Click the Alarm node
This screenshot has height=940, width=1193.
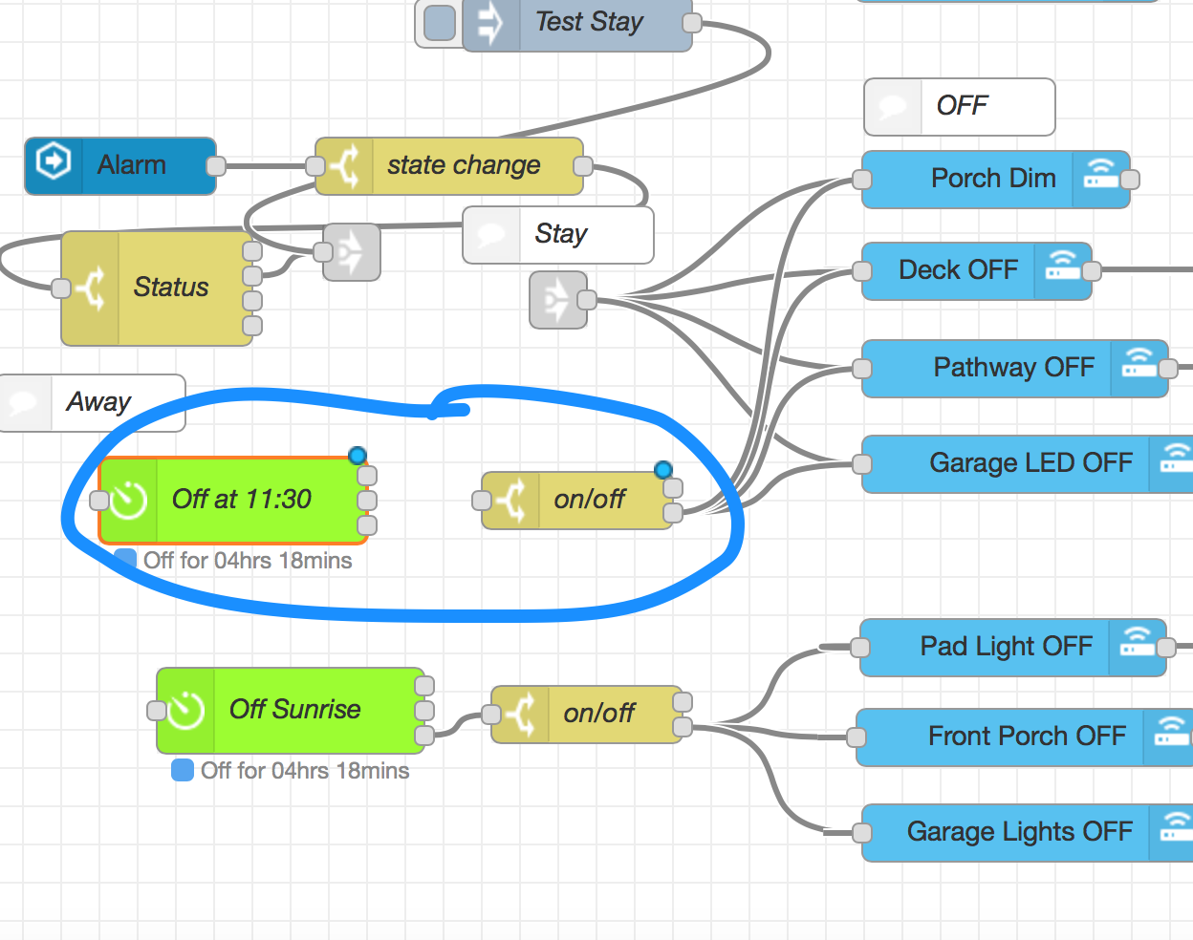[x=120, y=165]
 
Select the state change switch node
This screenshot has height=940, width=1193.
[x=449, y=165]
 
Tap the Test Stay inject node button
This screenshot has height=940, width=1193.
[x=439, y=22]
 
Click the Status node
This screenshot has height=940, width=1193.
[x=157, y=288]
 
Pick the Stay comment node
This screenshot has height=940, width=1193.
[x=558, y=235]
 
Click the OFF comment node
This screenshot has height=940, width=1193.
[x=960, y=106]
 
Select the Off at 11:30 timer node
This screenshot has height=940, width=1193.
[x=233, y=500]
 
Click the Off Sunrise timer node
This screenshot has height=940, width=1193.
[x=291, y=710]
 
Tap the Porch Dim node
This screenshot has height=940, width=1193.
[x=995, y=179]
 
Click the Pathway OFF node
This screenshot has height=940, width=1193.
[x=1014, y=368]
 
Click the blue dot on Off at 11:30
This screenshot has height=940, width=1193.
[x=358, y=455]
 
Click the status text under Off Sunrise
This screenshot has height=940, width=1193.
[x=304, y=771]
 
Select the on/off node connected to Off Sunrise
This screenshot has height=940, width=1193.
[x=587, y=714]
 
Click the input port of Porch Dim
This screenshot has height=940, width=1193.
[x=862, y=180]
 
